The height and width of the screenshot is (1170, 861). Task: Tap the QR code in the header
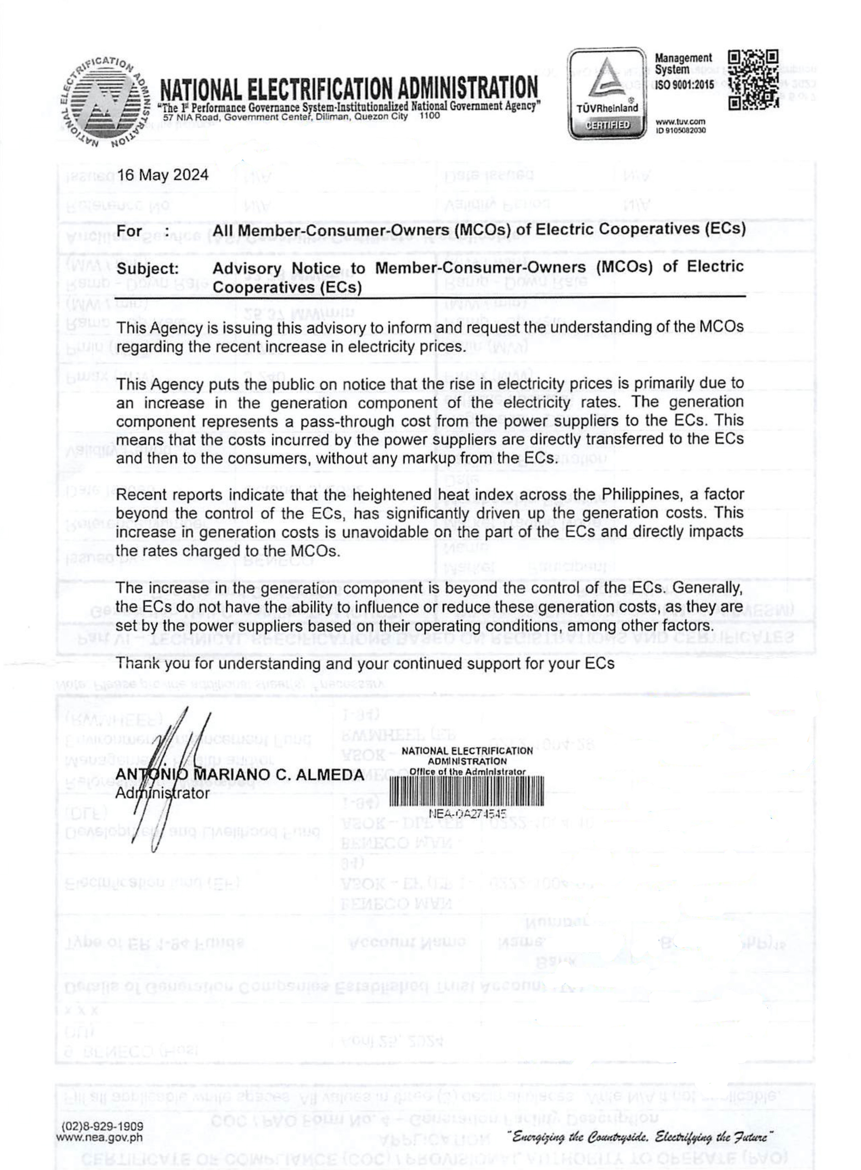[x=753, y=79]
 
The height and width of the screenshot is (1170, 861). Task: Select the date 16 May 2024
[x=162, y=175]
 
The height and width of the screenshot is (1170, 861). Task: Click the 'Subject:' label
[x=147, y=269]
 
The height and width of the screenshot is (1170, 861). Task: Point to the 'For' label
[x=129, y=230]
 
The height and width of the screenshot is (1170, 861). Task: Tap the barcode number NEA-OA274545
[x=467, y=814]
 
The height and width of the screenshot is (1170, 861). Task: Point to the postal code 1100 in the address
[x=429, y=116]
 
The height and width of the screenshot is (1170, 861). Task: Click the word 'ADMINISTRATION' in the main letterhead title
[x=467, y=89]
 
